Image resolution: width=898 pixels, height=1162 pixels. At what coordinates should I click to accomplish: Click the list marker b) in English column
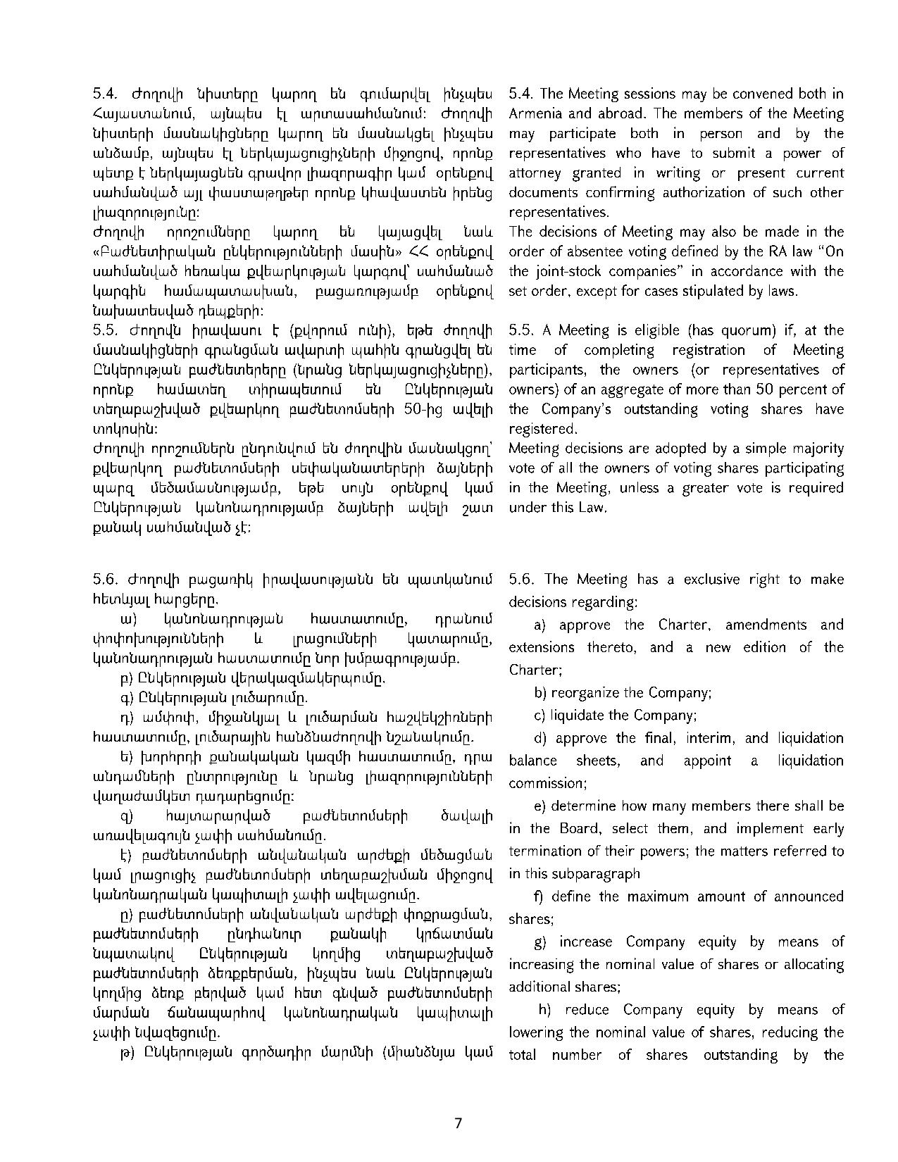click(540, 693)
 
